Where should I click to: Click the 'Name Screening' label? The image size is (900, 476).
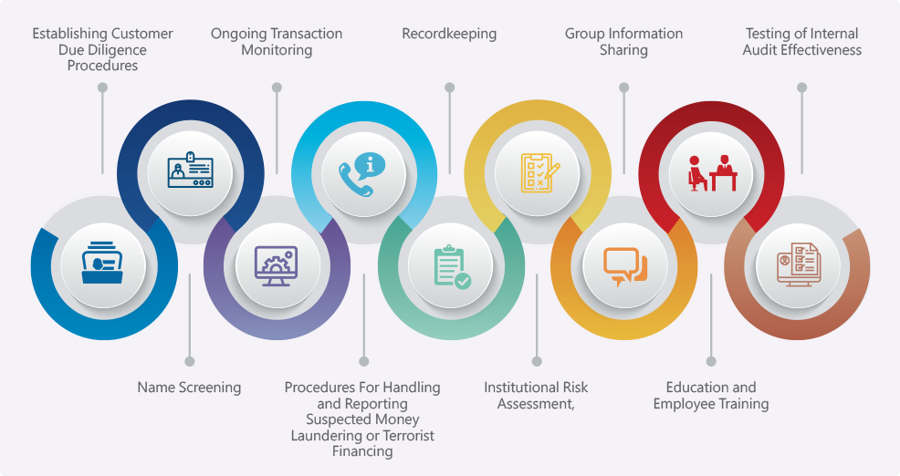189,388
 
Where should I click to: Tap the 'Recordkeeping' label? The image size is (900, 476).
449,34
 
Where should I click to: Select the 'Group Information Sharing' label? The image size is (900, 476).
623,42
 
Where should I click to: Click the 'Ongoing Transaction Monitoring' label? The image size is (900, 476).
277,42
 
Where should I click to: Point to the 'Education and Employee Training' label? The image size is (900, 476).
711,396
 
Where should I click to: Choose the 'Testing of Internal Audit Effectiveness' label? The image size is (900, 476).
801,42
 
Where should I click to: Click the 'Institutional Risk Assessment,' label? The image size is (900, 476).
536,396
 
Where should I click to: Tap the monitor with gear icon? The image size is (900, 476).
277,265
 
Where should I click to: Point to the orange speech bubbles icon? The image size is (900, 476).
624,265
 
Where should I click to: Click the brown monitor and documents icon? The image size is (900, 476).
800,265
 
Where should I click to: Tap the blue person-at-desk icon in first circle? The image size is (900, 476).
102,264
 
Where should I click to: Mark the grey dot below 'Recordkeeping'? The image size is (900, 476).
449,88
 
